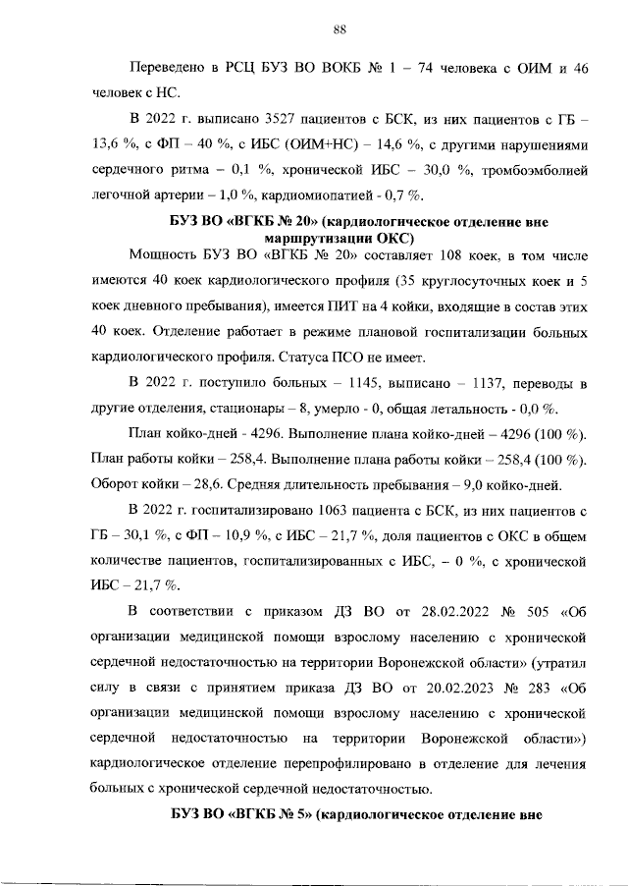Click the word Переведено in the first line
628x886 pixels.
[167, 67]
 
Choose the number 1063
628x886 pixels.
[337, 510]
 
